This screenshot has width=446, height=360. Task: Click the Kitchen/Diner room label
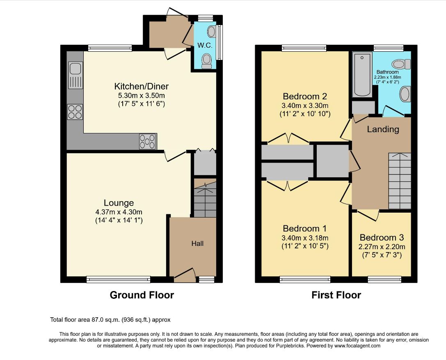click(142, 86)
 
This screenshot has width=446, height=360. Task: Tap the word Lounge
click(119, 203)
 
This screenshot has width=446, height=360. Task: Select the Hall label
click(197, 243)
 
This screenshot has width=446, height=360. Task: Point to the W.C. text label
click(205, 46)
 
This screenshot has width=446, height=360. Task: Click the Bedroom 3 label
click(382, 238)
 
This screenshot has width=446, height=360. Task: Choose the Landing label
click(383, 129)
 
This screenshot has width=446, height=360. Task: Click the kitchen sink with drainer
click(75, 76)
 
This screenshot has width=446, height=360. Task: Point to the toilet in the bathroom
click(401, 64)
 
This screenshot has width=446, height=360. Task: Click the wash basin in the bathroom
click(405, 94)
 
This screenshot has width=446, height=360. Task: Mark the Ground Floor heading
click(142, 295)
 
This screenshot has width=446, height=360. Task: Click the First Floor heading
click(336, 295)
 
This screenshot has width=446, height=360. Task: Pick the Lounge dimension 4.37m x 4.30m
click(119, 212)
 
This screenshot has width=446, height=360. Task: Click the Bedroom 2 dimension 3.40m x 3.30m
click(305, 105)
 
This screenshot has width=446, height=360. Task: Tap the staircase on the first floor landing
click(400, 181)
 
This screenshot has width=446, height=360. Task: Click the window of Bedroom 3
click(384, 279)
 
